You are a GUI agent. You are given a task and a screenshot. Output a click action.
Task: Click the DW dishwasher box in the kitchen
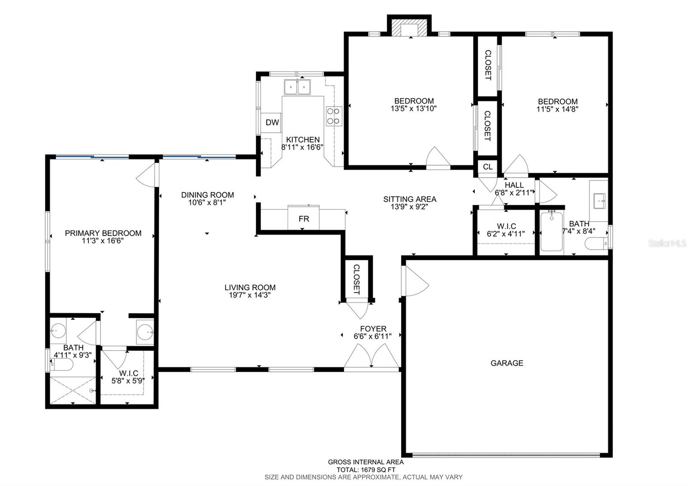tap(272, 123)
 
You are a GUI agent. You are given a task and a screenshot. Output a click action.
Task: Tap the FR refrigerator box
tap(304, 218)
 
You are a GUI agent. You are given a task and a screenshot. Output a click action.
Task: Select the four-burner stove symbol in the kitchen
tap(334, 116)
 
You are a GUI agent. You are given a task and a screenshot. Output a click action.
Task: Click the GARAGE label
tap(507, 363)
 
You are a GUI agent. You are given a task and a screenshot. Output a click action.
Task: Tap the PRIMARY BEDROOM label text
tap(103, 233)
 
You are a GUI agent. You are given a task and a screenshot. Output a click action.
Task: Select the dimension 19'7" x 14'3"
tap(250, 295)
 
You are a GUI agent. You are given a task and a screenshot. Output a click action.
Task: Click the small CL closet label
tap(488, 167)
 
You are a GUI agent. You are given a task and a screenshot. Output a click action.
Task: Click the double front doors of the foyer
tap(372, 357)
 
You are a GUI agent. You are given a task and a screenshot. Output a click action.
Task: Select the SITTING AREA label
tap(410, 199)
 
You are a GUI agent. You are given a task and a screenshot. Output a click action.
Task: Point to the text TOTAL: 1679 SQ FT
tap(365, 470)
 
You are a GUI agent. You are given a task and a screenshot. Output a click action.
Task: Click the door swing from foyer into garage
tap(415, 281)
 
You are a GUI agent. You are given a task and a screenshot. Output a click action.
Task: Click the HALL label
tap(514, 185)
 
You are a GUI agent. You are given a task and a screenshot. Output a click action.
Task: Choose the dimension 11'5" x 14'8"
tap(557, 109)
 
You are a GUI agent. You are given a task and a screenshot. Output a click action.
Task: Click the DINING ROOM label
tap(207, 195)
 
